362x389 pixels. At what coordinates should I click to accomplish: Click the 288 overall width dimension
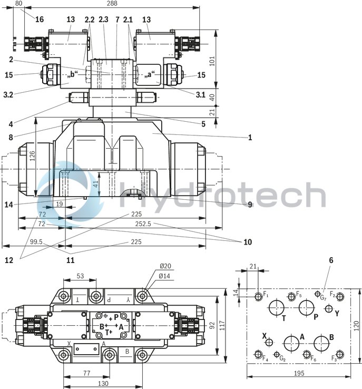coord(112,4)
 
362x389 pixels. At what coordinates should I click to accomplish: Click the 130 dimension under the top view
coord(103,384)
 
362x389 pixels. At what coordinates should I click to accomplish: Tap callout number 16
coord(40,20)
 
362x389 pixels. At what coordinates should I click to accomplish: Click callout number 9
coord(249,205)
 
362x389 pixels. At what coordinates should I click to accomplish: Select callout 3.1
coord(200,95)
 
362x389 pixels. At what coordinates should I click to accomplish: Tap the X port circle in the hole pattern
coord(269,342)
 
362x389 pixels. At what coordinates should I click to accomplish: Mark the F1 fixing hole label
coord(266,294)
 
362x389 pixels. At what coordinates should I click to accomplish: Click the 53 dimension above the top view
coord(80,276)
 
